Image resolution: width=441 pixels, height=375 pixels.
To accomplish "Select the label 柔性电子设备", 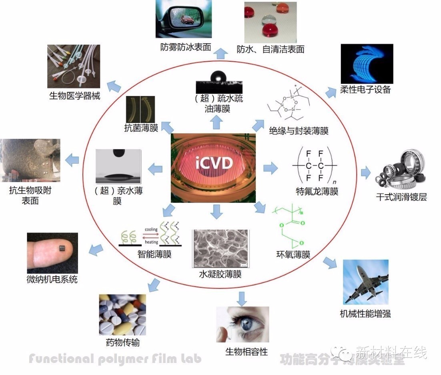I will [x=365, y=89].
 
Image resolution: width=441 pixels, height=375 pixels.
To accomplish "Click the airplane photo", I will [x=365, y=283].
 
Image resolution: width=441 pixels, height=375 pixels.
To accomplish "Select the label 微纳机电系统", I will [x=52, y=279].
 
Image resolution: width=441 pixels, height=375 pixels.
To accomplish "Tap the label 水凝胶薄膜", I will [x=220, y=275].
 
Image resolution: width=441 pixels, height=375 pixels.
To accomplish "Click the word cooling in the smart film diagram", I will [x=151, y=230].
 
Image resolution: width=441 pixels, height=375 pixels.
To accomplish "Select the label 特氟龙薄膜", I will [x=317, y=192].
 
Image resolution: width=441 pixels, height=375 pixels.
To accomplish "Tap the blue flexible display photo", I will [x=367, y=64].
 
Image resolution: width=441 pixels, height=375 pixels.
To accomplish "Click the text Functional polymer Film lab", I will [x=115, y=358].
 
